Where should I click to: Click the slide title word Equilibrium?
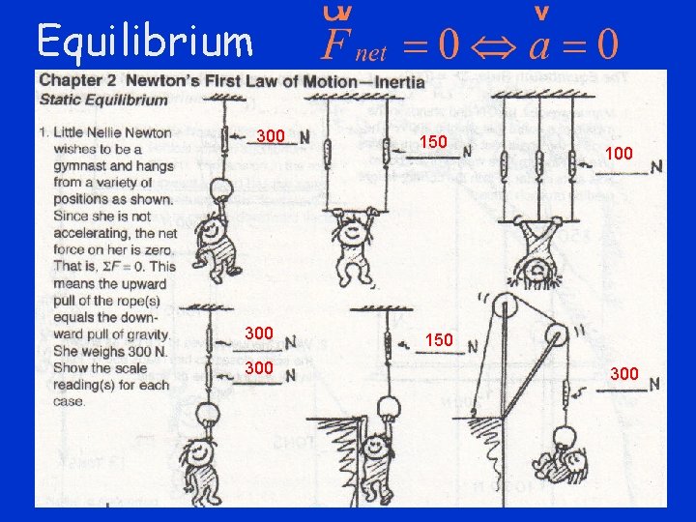click(x=145, y=41)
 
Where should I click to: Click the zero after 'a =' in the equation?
click(x=605, y=43)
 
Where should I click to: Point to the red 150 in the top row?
click(x=433, y=142)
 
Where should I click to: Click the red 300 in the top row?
click(x=271, y=136)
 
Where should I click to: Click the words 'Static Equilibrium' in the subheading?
click(x=104, y=100)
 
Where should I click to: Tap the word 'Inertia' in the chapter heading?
click(x=392, y=82)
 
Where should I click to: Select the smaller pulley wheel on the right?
click(x=558, y=339)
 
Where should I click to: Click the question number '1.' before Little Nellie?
click(x=44, y=132)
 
